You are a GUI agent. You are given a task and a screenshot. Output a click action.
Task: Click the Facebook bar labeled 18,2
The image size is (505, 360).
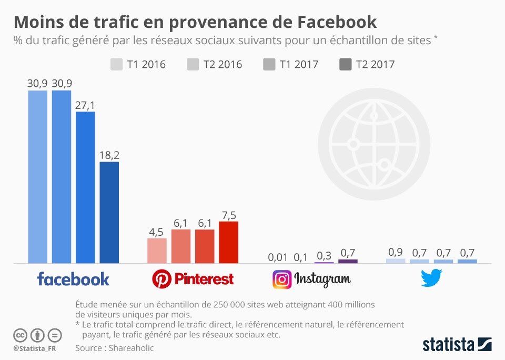109,213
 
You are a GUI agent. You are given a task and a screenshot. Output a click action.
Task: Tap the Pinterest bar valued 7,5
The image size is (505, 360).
228,243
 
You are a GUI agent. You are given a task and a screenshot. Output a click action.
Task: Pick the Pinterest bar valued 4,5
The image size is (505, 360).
157,251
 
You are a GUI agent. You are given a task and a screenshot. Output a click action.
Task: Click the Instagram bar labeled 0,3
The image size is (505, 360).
324,262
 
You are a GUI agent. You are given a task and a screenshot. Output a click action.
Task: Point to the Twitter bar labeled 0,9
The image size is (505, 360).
396,261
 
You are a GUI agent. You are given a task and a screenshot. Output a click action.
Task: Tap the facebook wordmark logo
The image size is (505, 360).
73,279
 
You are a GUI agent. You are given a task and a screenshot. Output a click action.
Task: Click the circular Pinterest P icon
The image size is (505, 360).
161,279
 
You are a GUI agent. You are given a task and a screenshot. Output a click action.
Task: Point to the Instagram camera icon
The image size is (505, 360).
282,279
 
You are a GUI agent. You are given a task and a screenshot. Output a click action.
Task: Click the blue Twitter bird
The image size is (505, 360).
431,278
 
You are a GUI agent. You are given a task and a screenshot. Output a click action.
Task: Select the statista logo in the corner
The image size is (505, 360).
457,345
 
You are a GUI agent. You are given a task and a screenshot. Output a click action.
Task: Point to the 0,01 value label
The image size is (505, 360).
278,257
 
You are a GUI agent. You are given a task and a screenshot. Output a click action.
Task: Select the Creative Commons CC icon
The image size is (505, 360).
20,335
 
